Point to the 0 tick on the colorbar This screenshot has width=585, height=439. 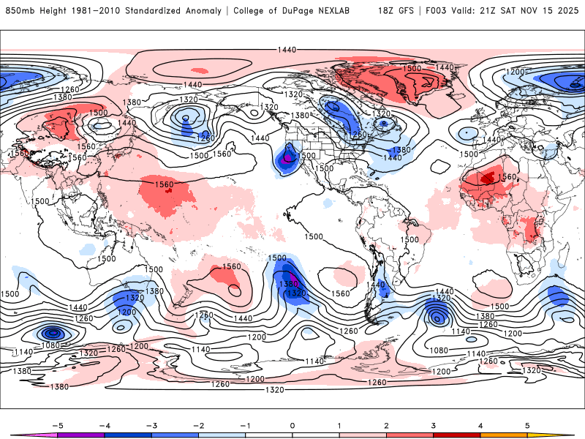click(292, 424)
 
